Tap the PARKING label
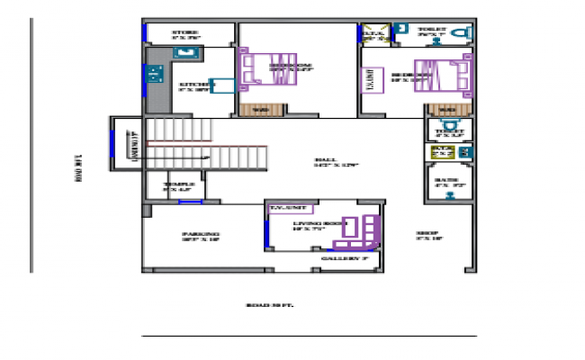coord(201,237)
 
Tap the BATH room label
coord(446,183)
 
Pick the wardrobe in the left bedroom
coord(260,111)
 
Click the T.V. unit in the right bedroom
coord(370,81)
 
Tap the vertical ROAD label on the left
coord(79,169)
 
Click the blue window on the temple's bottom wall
coord(189,202)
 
